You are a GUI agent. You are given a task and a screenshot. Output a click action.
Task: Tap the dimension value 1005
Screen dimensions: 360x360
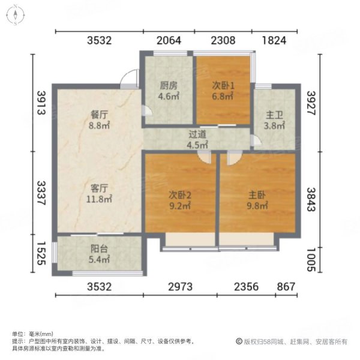310,259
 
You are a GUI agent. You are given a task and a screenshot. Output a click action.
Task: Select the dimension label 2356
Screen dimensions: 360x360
244,286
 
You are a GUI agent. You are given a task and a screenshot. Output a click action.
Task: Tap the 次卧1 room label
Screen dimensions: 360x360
222,85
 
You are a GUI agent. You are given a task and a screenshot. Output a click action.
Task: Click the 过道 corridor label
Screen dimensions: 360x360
196,135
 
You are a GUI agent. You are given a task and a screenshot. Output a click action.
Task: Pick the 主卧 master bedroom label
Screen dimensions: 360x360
257,194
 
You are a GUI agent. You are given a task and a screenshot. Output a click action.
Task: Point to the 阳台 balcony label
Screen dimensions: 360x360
99,250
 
